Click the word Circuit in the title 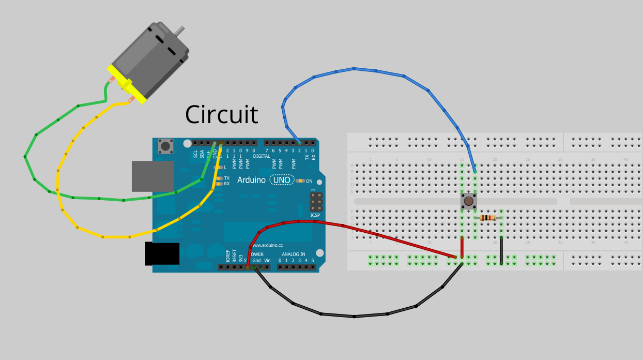(222, 114)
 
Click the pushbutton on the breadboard (468, 201)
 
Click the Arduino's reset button (166, 146)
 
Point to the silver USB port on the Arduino (152, 176)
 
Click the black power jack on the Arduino (162, 254)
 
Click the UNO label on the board (282, 180)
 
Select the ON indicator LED (300, 181)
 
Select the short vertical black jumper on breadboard (501, 251)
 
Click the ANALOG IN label (293, 254)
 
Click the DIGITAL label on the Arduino (262, 156)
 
